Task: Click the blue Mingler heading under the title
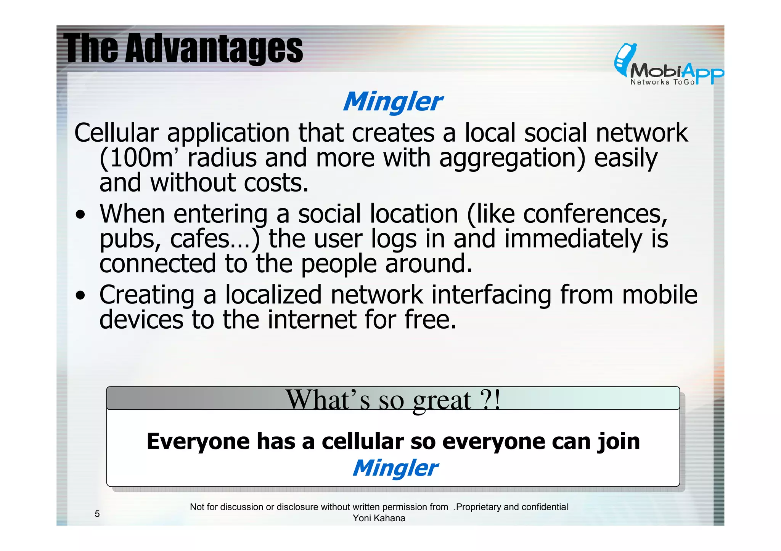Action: coord(392,102)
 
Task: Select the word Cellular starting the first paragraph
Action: coord(116,133)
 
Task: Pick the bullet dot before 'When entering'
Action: coord(80,215)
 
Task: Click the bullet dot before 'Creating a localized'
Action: coord(80,295)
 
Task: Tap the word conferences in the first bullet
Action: coord(595,214)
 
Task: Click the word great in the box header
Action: coord(442,400)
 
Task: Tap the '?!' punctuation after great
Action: coord(490,399)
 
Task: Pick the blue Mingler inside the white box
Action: coord(395,468)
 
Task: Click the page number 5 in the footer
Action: coord(97,514)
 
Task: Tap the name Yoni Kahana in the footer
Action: coord(379,518)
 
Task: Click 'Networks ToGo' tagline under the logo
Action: coord(662,82)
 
